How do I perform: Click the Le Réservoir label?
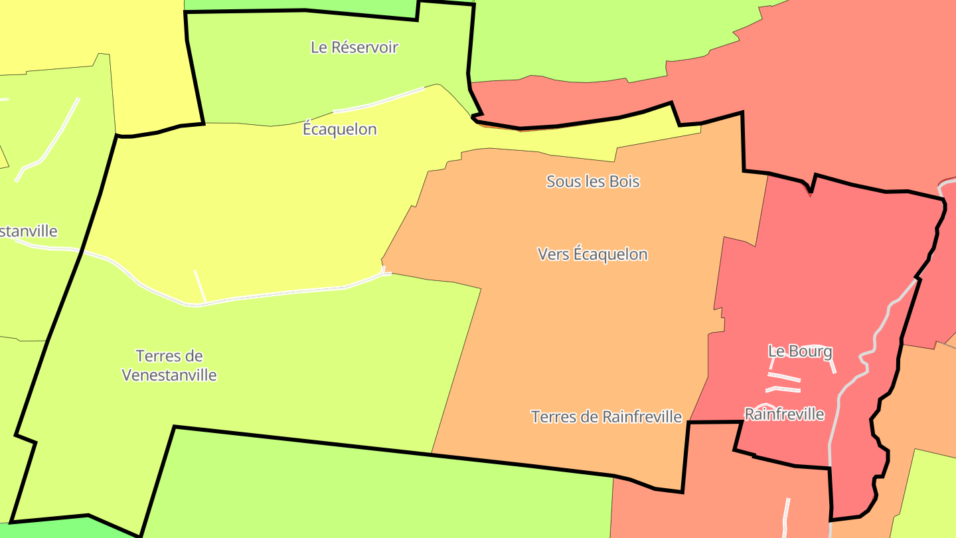(355, 47)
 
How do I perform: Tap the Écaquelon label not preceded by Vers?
(339, 129)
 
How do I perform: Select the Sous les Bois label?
(593, 181)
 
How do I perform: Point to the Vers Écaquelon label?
(592, 254)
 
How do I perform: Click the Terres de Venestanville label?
(169, 365)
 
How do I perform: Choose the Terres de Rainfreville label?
(606, 416)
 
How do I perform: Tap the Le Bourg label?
(800, 351)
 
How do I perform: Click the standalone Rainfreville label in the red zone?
(784, 414)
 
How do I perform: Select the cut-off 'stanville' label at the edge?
(29, 231)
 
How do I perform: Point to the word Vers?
(552, 254)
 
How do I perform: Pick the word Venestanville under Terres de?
(169, 375)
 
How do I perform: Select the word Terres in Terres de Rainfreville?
(553, 416)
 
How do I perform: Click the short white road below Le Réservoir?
(378, 101)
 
